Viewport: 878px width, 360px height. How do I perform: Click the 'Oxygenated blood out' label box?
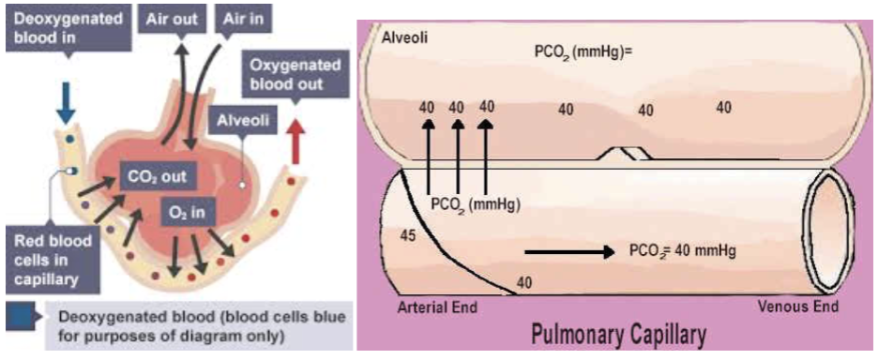click(295, 72)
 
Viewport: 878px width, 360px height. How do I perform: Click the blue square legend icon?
click(17, 313)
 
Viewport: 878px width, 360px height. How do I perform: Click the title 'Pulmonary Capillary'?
click(619, 335)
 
